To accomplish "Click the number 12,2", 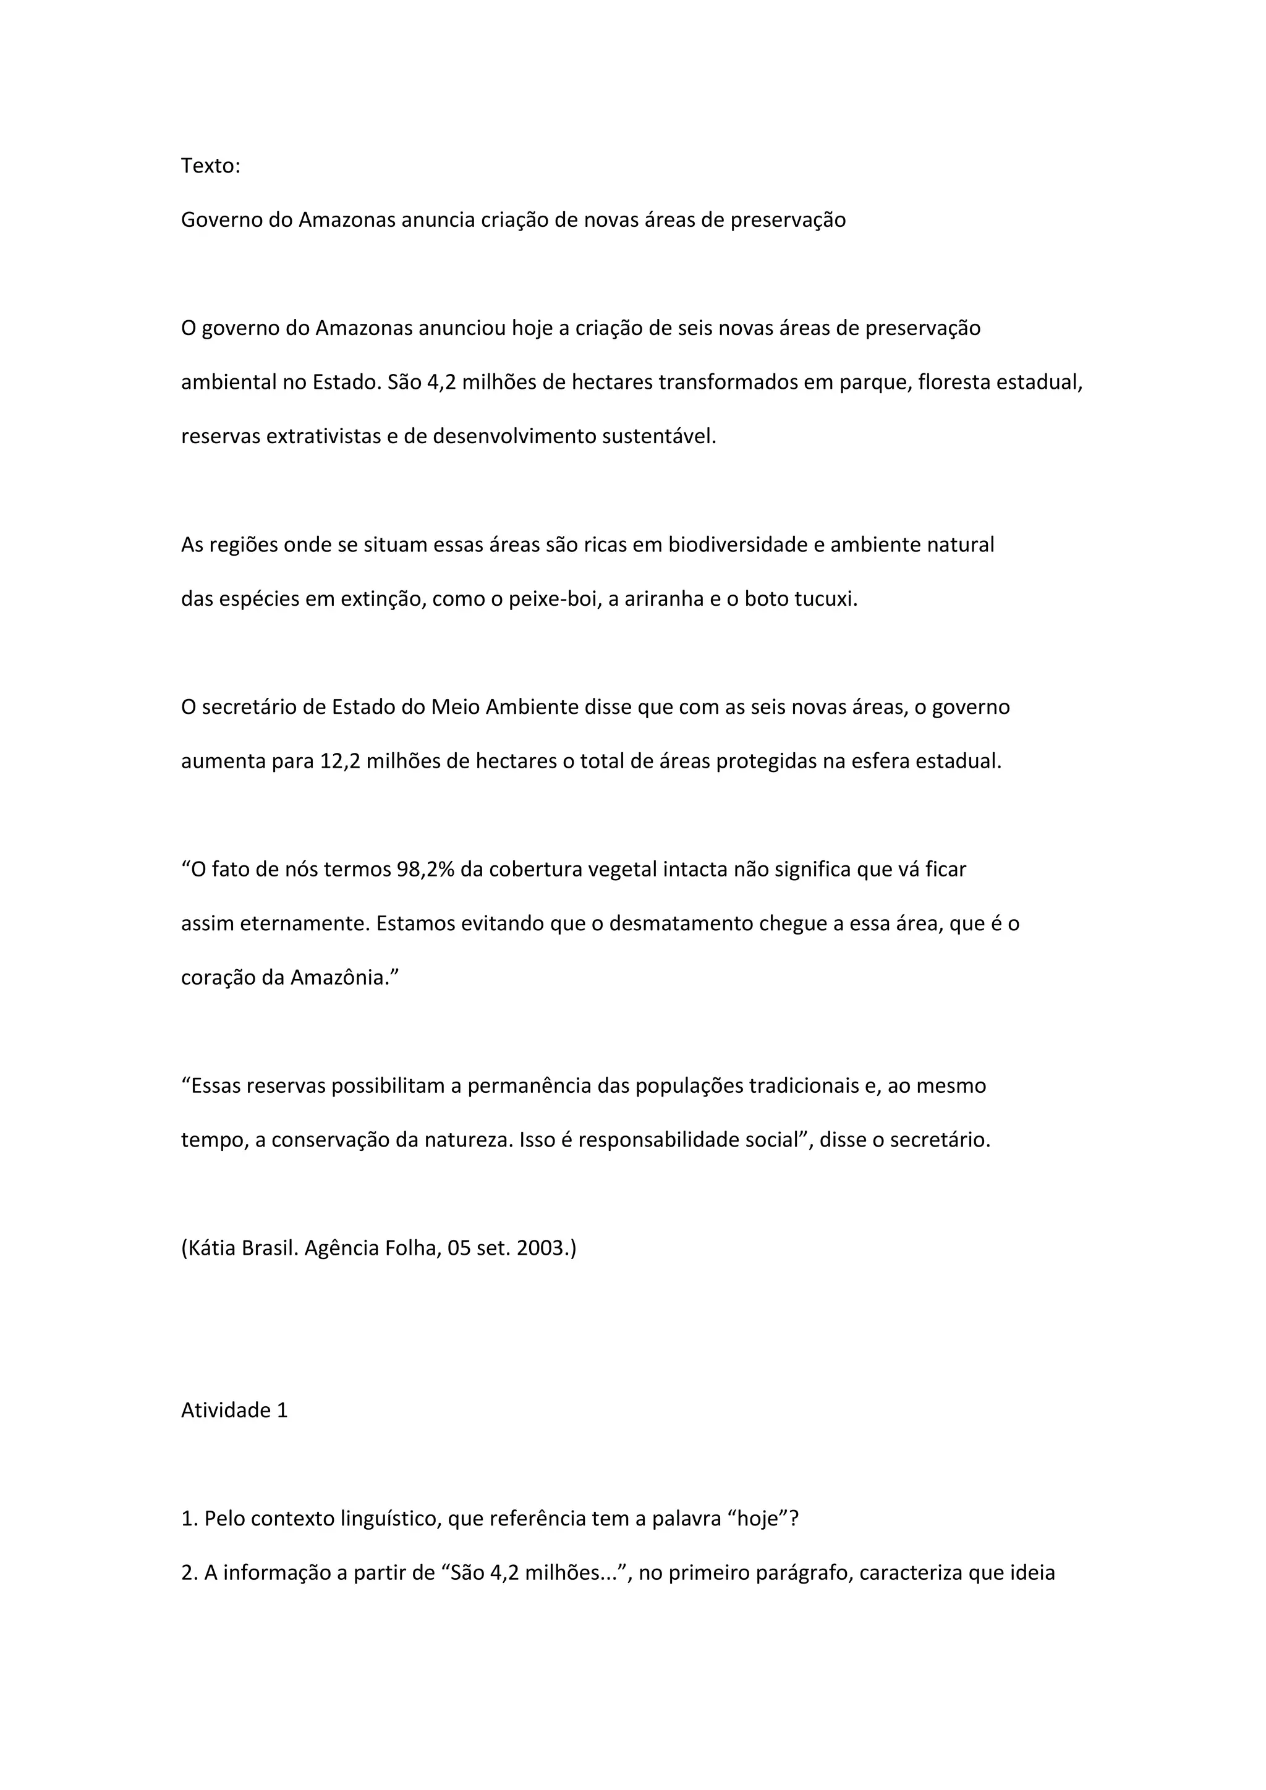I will tap(340, 761).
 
